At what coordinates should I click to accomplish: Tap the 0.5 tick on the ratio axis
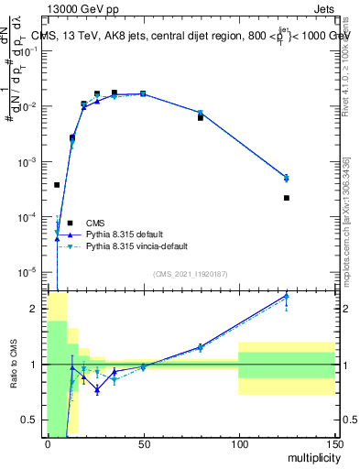coord(32,420)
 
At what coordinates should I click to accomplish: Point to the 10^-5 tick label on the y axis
coord(27,272)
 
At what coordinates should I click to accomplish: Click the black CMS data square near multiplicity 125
coord(286,198)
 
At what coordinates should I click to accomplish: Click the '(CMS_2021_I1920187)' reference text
coord(190,274)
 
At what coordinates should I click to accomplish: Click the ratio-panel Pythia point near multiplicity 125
coord(286,296)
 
